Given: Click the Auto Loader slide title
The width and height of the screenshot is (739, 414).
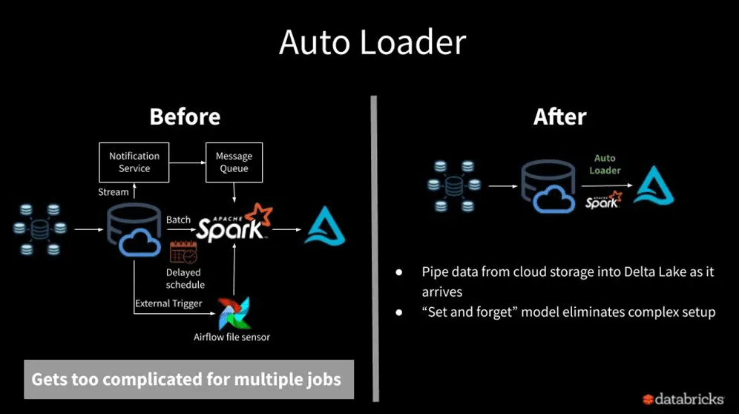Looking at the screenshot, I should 372,43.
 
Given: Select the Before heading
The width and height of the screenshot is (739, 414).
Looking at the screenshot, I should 185,116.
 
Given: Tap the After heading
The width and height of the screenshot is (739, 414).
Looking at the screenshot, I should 559,116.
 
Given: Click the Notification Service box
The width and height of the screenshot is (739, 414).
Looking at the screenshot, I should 134,162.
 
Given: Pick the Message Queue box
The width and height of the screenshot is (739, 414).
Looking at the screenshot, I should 234,162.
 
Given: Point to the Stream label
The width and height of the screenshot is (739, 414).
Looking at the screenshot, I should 114,192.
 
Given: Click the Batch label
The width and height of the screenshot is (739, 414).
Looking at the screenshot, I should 178,220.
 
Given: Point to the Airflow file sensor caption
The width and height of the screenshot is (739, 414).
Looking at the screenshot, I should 231,337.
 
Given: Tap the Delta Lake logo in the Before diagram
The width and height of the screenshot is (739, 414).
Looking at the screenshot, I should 325,227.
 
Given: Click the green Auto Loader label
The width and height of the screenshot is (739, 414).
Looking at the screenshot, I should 605,164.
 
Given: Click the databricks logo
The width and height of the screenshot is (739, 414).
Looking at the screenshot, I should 683,398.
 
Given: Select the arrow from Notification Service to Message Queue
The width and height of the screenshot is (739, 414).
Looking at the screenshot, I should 187,162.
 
